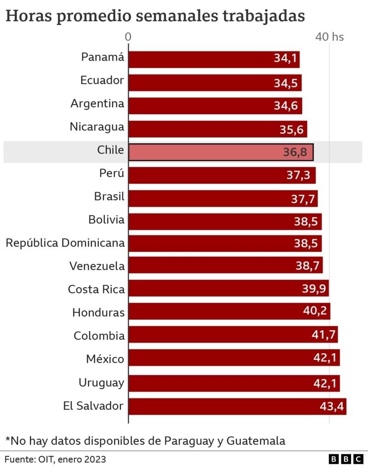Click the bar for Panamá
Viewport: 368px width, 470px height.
click(214, 59)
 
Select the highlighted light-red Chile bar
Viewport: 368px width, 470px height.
click(221, 152)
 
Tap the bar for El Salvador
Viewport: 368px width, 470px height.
click(237, 407)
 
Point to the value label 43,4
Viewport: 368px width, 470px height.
click(332, 407)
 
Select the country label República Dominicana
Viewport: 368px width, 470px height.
click(65, 242)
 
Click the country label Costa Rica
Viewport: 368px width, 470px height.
click(96, 289)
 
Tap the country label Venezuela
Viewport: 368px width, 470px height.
click(97, 266)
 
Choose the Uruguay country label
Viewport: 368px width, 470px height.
click(101, 382)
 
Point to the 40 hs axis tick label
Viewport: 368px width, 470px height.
click(329, 37)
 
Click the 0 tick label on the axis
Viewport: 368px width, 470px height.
click(128, 37)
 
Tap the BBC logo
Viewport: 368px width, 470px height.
click(345, 459)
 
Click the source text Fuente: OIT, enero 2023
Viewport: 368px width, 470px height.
click(56, 459)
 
